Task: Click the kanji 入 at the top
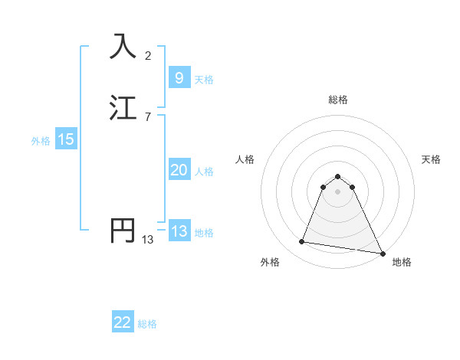tap(123, 47)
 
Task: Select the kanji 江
tap(123, 108)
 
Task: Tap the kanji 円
tap(123, 231)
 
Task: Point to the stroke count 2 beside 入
tap(148, 55)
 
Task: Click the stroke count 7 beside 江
tap(148, 116)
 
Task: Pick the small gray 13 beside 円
tap(148, 240)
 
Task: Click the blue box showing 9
tap(179, 78)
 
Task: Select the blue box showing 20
tap(179, 170)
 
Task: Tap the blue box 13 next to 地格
tap(179, 231)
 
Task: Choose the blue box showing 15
tap(66, 139)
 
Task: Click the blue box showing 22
tap(123, 322)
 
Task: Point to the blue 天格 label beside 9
tap(204, 80)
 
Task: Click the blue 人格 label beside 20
tap(204, 172)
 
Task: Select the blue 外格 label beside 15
tap(41, 141)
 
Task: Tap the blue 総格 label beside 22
tap(147, 324)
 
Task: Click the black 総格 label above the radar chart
tap(338, 100)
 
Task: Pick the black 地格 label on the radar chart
tap(402, 262)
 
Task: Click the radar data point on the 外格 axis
tap(302, 242)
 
